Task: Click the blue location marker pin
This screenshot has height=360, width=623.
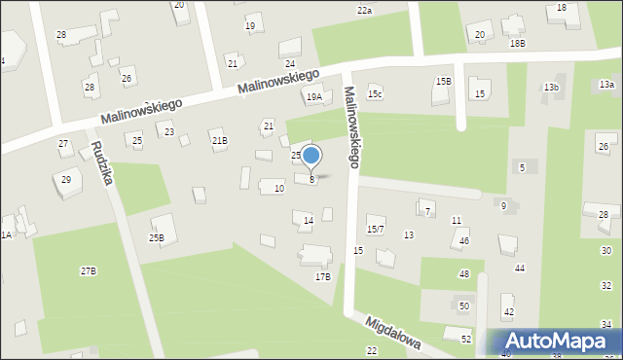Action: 311,155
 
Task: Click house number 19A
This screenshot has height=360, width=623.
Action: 313,97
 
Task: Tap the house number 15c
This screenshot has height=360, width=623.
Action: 375,94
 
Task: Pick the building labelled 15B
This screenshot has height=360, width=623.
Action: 444,82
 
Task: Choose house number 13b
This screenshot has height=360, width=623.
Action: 551,88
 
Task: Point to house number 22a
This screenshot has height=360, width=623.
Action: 364,10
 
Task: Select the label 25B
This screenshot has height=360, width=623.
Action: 156,237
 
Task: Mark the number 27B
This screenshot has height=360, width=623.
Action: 88,270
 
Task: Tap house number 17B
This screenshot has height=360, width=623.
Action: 322,276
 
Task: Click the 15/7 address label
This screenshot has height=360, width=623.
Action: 376,229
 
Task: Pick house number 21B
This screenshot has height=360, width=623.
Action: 219,140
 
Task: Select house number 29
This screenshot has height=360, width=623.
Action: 66,179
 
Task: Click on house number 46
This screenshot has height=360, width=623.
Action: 464,240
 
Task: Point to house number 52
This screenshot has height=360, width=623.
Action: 466,339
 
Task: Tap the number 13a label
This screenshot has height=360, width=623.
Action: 606,85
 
